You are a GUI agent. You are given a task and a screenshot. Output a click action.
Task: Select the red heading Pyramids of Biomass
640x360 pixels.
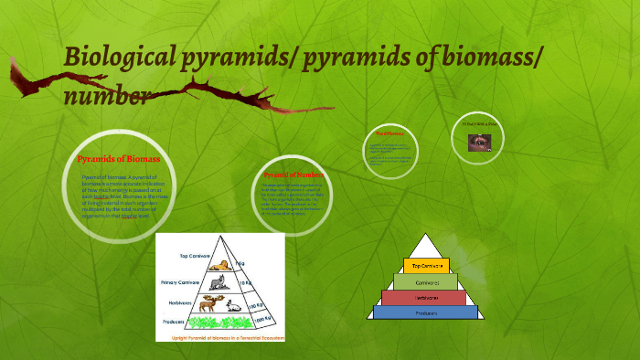click(x=119, y=159)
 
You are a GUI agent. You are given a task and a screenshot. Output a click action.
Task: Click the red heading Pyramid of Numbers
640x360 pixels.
click(x=295, y=174)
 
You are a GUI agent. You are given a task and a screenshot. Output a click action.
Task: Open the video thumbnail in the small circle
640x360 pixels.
click(x=477, y=142)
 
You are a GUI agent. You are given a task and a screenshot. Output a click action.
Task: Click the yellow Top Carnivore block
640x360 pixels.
click(x=427, y=265)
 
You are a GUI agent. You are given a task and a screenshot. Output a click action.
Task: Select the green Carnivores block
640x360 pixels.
click(x=426, y=281)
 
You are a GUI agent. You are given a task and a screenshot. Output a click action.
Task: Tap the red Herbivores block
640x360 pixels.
click(x=426, y=297)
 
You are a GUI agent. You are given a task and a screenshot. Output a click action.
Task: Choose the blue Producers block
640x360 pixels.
click(x=426, y=312)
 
